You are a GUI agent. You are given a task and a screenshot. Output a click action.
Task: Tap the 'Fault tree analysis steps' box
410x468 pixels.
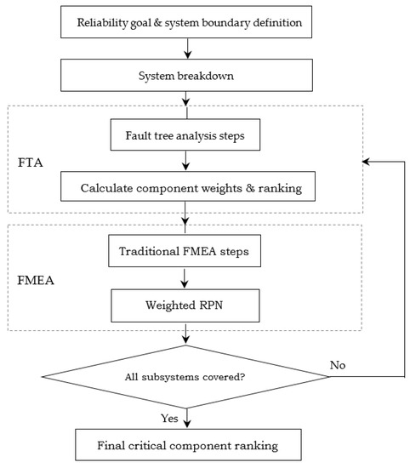click(x=185, y=134)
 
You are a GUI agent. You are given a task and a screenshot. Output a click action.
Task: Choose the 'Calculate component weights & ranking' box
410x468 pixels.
click(x=185, y=186)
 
